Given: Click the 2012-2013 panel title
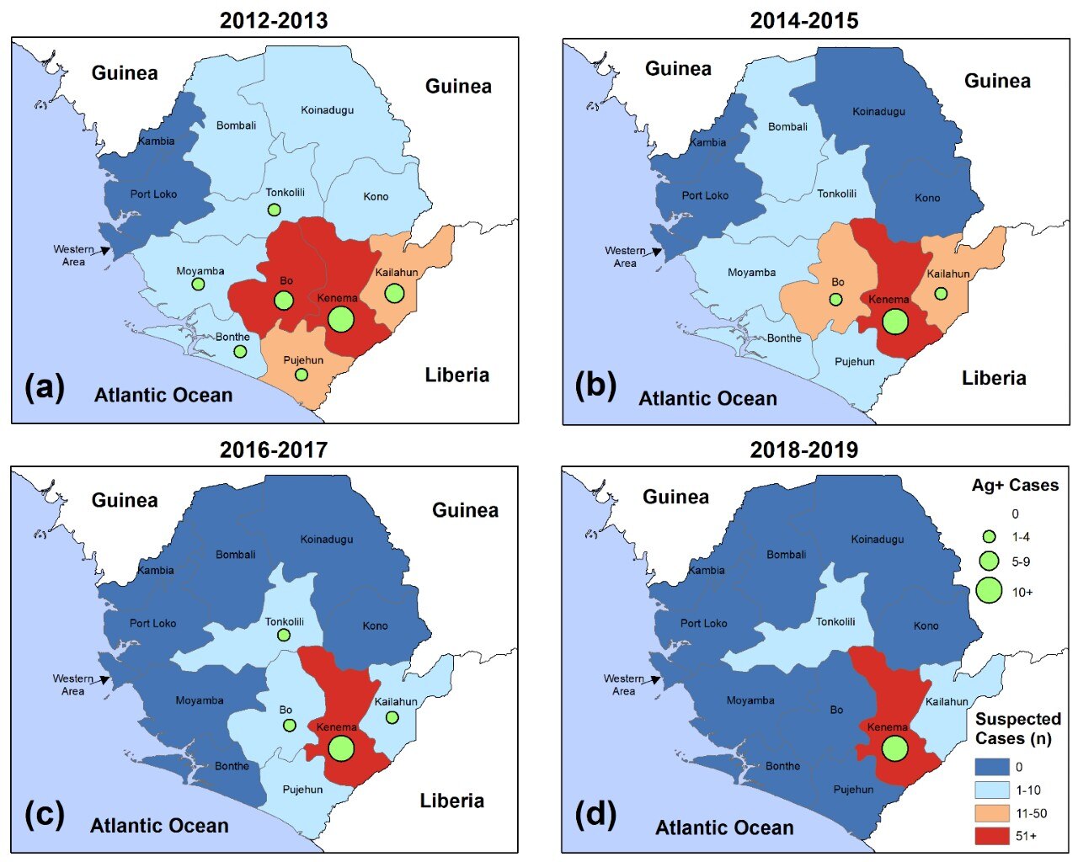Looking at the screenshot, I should pyautogui.click(x=274, y=20).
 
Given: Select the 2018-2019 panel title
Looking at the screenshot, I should pyautogui.click(x=803, y=450).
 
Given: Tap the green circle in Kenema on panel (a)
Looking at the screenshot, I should pyautogui.click(x=340, y=319).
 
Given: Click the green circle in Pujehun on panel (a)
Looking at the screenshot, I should pyautogui.click(x=302, y=375).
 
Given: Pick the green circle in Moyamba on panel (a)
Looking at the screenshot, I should pyautogui.click(x=198, y=285).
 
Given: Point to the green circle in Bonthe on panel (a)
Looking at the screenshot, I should pyautogui.click(x=240, y=352).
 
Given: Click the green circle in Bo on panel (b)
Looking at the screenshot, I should pyautogui.click(x=835, y=299).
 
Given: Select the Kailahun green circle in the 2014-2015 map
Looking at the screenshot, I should pyautogui.click(x=941, y=294).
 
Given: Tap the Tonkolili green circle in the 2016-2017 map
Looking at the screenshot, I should pyautogui.click(x=284, y=636).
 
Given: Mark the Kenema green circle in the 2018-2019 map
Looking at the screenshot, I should pyautogui.click(x=894, y=748).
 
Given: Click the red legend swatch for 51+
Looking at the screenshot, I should pyautogui.click(x=991, y=836).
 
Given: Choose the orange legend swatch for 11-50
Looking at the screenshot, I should pyautogui.click(x=991, y=813).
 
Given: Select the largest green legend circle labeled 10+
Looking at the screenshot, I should pyautogui.click(x=989, y=591).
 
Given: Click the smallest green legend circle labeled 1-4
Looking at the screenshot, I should pyautogui.click(x=989, y=537).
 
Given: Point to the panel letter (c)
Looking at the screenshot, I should pyautogui.click(x=45, y=815).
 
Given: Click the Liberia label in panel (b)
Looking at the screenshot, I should pyautogui.click(x=994, y=378).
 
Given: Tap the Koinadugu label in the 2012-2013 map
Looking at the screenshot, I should pyautogui.click(x=327, y=110).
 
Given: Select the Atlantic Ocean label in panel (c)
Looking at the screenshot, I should pyautogui.click(x=159, y=826).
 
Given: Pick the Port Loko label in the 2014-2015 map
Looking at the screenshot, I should pyautogui.click(x=705, y=195).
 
